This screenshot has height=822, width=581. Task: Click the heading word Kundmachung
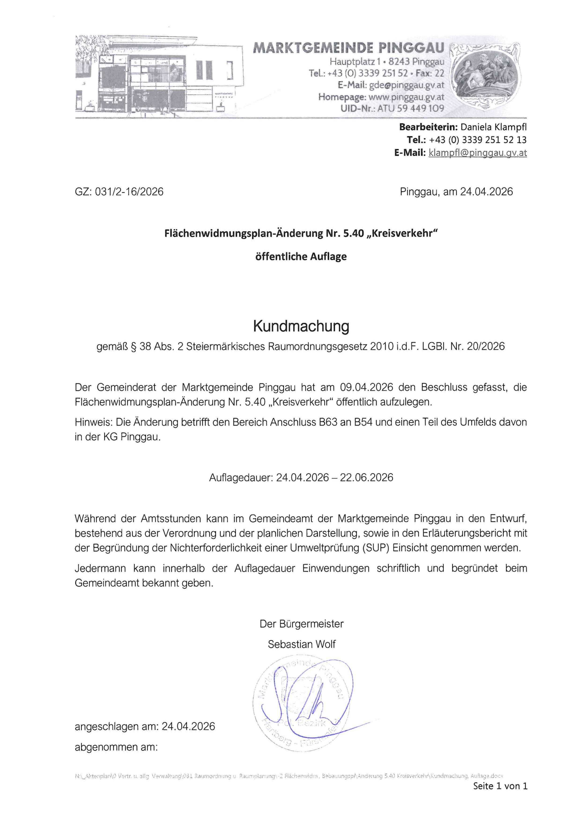point(301,326)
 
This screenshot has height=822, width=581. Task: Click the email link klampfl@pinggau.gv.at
point(477,153)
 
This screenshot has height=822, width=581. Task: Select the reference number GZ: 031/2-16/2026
point(119,192)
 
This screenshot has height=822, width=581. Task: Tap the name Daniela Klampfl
point(493,127)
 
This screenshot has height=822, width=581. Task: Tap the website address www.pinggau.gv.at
point(406,97)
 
